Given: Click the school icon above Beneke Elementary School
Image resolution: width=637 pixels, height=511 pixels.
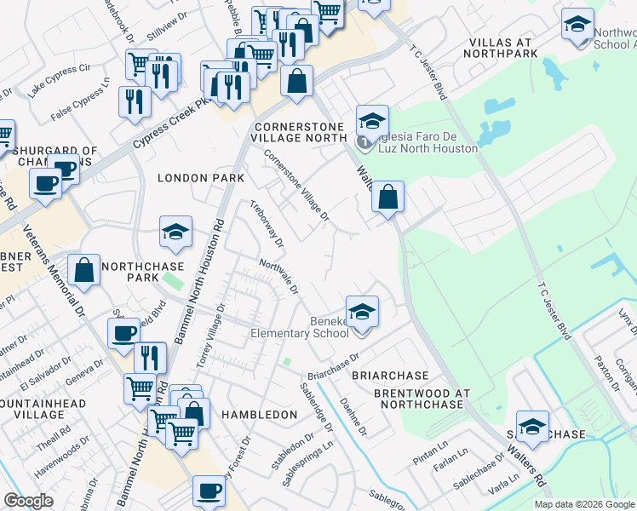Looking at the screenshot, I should [362, 312].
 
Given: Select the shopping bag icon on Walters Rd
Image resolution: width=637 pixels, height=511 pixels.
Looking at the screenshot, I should [387, 198].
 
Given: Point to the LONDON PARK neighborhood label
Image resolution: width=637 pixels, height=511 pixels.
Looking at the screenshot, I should [200, 178].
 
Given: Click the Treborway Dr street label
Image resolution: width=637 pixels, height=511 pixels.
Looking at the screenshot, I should [265, 221].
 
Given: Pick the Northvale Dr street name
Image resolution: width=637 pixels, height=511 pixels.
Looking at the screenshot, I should [278, 278].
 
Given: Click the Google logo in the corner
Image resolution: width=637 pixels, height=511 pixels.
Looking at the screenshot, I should [29, 501].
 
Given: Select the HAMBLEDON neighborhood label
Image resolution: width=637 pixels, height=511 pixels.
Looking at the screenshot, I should [259, 414].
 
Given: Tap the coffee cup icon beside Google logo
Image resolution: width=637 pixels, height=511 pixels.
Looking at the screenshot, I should [209, 491].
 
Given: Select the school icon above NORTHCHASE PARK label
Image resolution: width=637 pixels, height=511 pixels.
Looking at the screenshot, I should [175, 232].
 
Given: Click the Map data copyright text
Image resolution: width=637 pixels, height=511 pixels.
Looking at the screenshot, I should [582, 504].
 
